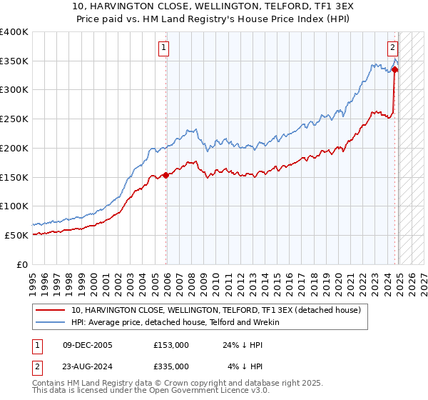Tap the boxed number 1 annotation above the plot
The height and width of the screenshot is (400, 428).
pos(164,48)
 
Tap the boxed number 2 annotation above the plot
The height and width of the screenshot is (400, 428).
pos(392,48)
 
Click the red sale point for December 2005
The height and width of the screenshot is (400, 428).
pos(166,174)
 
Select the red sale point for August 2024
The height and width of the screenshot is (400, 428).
pos(394,69)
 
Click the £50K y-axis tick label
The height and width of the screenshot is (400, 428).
pos(17,235)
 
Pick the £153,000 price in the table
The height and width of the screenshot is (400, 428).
pos(171,345)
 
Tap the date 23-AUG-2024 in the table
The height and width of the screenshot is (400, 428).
pos(87,366)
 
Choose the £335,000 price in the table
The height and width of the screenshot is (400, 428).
pos(171,366)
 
